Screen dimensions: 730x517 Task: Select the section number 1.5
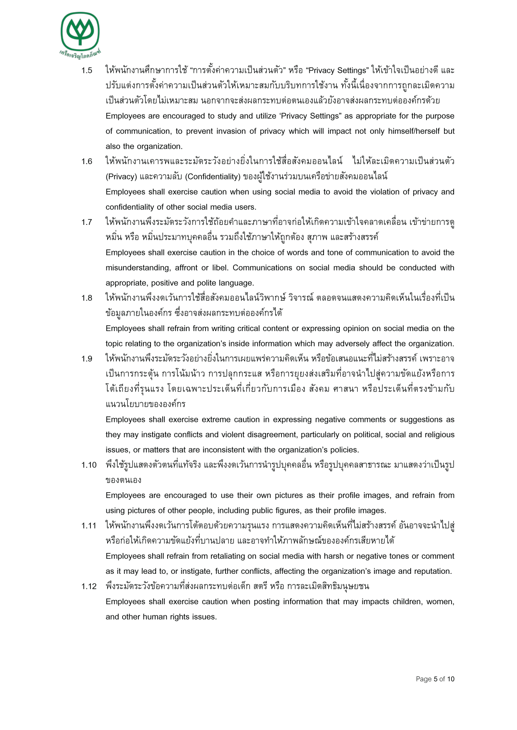87,70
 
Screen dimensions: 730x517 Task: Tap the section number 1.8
87,298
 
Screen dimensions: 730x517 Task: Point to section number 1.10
89,465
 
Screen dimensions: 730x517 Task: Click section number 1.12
89,587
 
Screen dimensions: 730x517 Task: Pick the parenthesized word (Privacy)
121,177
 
